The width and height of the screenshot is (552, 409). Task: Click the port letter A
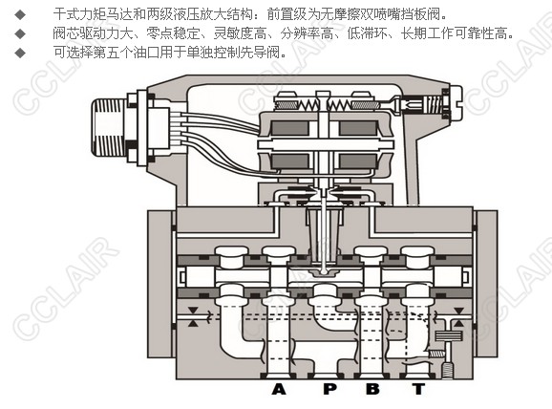tap(279, 389)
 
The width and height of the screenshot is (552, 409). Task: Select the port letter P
tap(329, 389)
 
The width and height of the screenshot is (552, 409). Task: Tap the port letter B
tap(372, 389)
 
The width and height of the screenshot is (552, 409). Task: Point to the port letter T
tap(418, 389)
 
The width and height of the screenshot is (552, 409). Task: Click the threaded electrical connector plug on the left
tap(109, 127)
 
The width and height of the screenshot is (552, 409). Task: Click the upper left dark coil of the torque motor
tap(289, 128)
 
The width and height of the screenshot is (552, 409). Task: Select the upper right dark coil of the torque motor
tap(358, 128)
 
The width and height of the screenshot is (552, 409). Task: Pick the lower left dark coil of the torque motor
tap(289, 161)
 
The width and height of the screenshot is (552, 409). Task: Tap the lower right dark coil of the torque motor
tap(358, 161)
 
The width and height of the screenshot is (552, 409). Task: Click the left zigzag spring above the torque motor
tap(308, 104)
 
